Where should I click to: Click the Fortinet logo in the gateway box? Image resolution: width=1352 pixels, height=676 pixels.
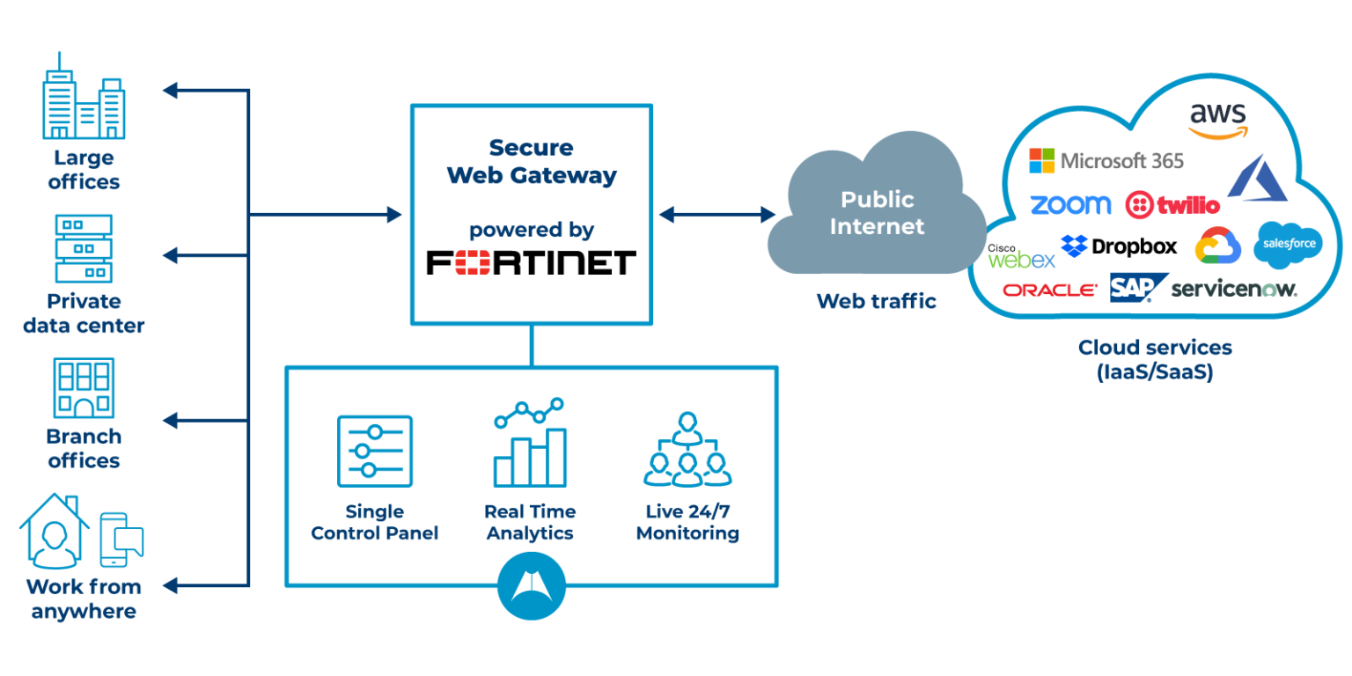click(531, 262)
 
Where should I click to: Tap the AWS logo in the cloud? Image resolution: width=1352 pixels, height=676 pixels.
click(1218, 121)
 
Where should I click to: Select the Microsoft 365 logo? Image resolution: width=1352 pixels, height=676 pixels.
click(1106, 161)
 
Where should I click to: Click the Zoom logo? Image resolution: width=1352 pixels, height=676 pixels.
click(1070, 205)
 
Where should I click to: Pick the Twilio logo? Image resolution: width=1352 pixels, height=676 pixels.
click(1172, 205)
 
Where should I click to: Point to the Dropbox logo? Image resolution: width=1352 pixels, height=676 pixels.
click(1119, 246)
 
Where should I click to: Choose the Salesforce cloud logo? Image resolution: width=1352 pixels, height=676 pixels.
click(1288, 245)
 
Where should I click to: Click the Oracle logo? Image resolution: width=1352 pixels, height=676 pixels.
click(1049, 290)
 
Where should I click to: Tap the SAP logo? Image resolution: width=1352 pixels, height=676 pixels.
click(1138, 288)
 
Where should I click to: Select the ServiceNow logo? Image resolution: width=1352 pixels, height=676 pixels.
click(1234, 289)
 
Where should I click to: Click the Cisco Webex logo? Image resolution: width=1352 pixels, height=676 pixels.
click(1021, 256)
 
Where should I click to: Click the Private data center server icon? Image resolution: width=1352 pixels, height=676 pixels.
click(84, 248)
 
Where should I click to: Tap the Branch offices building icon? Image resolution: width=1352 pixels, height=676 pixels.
click(84, 387)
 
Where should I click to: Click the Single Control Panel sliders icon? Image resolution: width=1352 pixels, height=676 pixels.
click(375, 451)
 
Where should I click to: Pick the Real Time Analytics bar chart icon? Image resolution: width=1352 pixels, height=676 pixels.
click(530, 443)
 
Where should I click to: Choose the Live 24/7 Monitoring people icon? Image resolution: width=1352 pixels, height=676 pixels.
click(687, 449)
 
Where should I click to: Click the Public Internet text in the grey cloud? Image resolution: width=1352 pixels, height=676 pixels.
click(877, 212)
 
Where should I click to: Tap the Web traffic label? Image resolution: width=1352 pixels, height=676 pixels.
click(877, 300)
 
